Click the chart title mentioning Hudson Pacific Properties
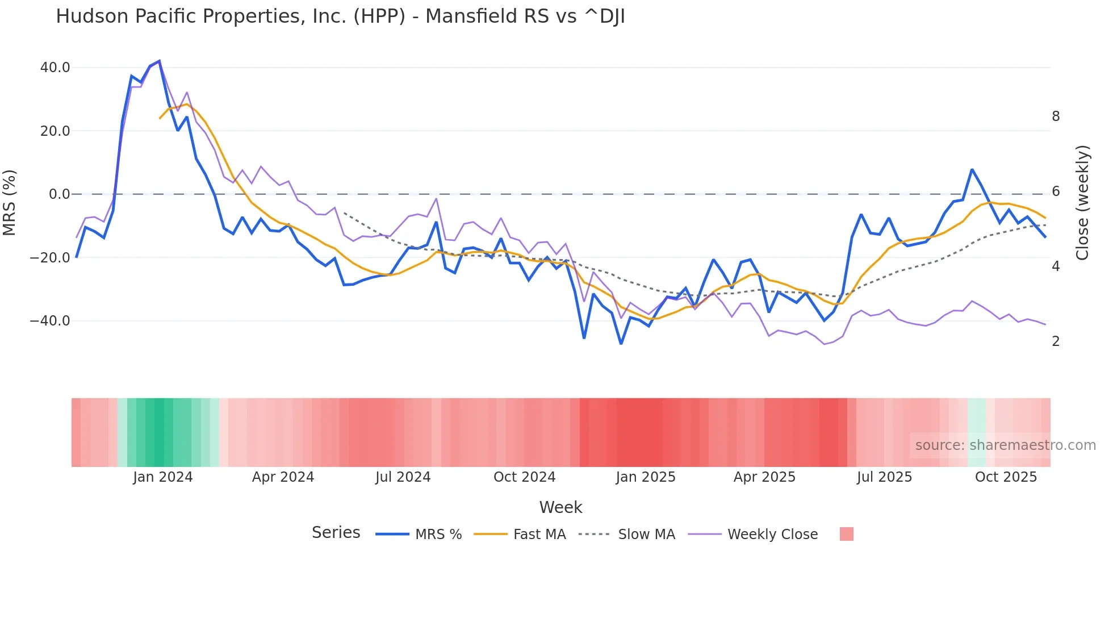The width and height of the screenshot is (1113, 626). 340,16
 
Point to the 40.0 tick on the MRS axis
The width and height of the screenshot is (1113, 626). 55,68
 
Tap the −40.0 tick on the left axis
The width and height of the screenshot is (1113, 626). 50,321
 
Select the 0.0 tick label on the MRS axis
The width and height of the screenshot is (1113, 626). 59,194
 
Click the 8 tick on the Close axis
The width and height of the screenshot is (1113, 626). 1056,116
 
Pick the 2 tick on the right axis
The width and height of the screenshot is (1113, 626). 1056,341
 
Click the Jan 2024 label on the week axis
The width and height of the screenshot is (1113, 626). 163,477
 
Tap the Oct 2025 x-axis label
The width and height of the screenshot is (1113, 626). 1006,477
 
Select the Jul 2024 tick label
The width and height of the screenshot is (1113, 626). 403,477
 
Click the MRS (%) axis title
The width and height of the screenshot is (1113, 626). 10,202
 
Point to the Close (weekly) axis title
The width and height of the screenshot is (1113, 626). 1082,202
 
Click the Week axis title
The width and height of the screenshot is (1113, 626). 560,507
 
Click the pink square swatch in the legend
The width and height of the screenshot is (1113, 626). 846,534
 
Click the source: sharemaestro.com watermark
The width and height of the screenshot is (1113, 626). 1005,445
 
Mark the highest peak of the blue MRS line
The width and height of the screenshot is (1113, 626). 159,61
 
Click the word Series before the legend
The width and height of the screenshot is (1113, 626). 336,533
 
